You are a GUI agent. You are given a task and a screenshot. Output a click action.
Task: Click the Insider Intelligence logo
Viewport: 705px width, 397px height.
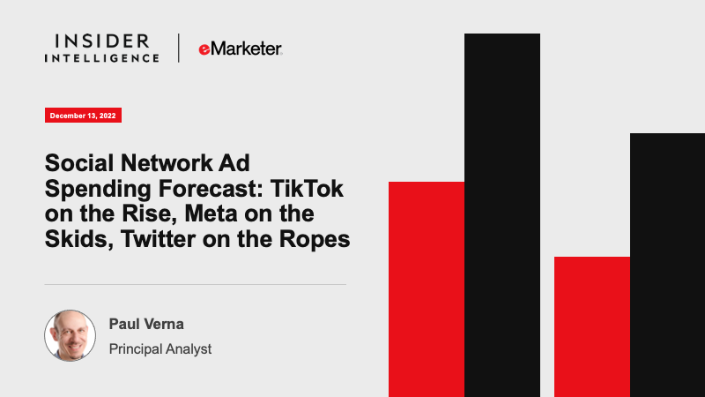[101, 49]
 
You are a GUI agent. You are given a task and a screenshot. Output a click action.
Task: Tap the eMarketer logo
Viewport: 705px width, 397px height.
[241, 49]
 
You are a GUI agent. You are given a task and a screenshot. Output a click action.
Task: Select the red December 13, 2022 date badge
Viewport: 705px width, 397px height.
[83, 116]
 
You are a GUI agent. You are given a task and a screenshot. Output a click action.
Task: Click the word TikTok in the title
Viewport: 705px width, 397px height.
[307, 188]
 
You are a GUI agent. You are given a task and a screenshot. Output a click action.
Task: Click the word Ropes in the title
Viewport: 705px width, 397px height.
[315, 239]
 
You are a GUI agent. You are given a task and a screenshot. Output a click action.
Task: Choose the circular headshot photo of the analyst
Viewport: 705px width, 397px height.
[70, 335]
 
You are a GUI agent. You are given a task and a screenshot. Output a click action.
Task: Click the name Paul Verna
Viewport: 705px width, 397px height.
[146, 324]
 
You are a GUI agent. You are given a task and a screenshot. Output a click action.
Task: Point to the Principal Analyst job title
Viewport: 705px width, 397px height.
[160, 348]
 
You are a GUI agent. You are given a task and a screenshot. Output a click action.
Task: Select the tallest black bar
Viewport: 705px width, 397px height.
[502, 215]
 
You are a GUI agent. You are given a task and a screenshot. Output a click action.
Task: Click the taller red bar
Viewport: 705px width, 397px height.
[427, 289]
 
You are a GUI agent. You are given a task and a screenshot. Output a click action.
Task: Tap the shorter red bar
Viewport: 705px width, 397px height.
[591, 326]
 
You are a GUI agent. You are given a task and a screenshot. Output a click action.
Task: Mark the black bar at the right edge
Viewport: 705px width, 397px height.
[667, 266]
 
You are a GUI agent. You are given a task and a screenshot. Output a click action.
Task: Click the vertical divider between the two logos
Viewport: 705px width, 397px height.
[179, 48]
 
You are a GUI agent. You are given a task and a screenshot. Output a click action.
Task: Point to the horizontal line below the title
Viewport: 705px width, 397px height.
[195, 284]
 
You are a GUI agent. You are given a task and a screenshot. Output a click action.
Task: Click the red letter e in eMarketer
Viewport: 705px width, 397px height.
[204, 49]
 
